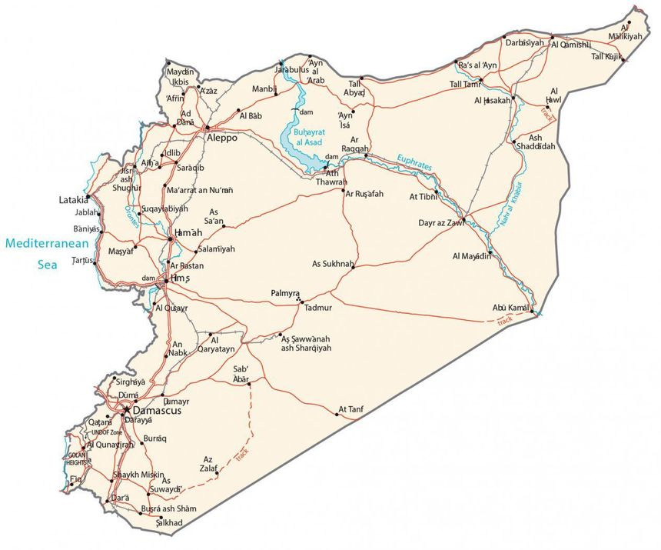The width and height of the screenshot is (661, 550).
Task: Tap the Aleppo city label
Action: pyautogui.click(x=223, y=138)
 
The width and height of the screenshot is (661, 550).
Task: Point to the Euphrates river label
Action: pyautogui.click(x=414, y=163)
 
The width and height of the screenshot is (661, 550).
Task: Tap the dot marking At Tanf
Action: pyautogui.click(x=337, y=415)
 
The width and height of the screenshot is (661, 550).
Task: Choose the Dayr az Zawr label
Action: pyautogui.click(x=442, y=223)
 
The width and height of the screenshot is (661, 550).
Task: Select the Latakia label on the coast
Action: pyautogui.click(x=74, y=200)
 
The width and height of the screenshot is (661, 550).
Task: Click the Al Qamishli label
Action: pyautogui.click(x=571, y=45)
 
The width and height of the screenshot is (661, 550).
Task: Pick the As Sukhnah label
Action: pyautogui.click(x=332, y=264)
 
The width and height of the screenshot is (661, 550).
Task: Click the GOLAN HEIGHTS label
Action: pyautogui.click(x=77, y=458)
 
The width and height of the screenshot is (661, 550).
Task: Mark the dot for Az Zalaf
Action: pyautogui.click(x=218, y=473)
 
